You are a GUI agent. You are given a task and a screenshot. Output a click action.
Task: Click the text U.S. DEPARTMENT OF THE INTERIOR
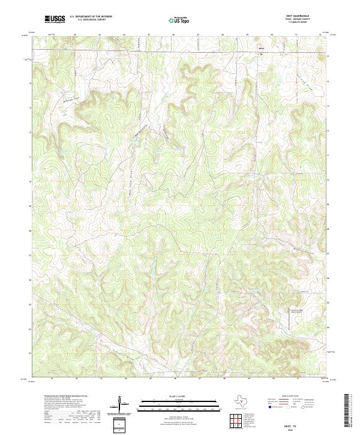point(91,16)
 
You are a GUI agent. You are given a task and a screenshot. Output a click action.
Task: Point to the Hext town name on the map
point(261,48)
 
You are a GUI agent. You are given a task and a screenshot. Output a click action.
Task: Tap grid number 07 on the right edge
point(328,254)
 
